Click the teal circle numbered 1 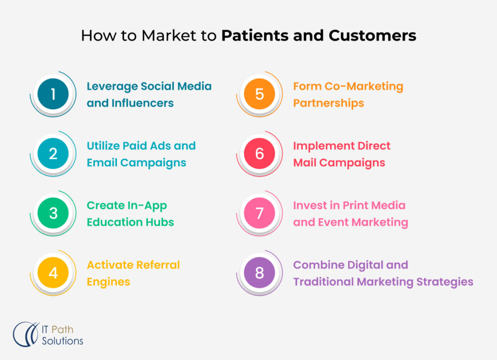click(x=53, y=94)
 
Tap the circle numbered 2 click(x=53, y=154)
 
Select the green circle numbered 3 click(x=53, y=213)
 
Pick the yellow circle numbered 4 click(x=53, y=273)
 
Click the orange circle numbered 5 click(x=259, y=94)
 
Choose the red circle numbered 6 click(x=259, y=154)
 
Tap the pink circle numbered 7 click(x=259, y=213)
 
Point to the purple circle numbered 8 click(x=259, y=273)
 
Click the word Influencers click(x=144, y=103)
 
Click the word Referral click(x=157, y=265)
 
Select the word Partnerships click(x=329, y=103)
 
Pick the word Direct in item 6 click(x=372, y=146)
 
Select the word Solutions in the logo click(x=62, y=341)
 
